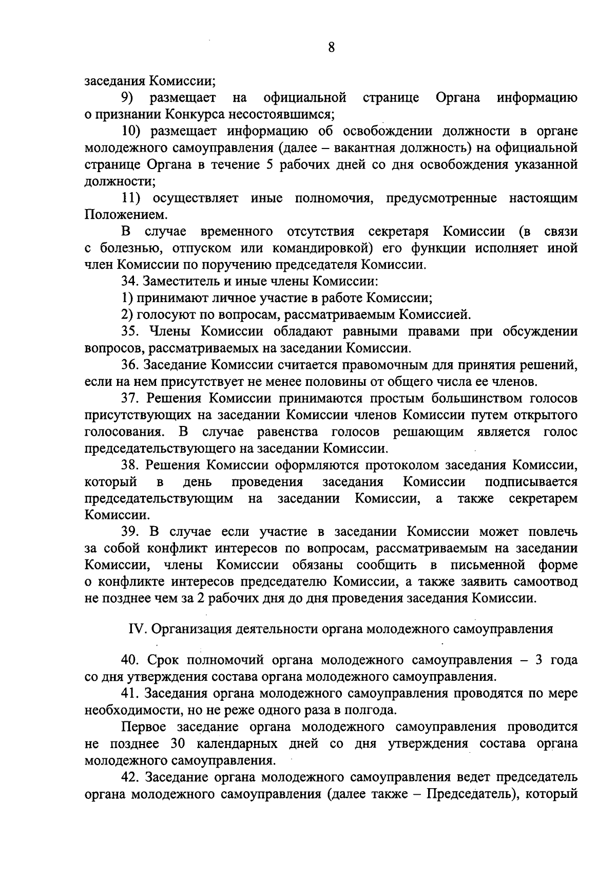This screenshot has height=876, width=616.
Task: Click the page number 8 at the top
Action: point(331,48)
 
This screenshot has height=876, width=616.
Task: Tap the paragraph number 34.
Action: point(130,282)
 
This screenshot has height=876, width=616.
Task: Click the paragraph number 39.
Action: point(131,532)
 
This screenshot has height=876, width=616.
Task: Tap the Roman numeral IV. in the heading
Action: point(136,629)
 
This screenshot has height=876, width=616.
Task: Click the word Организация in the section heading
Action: point(194,629)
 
